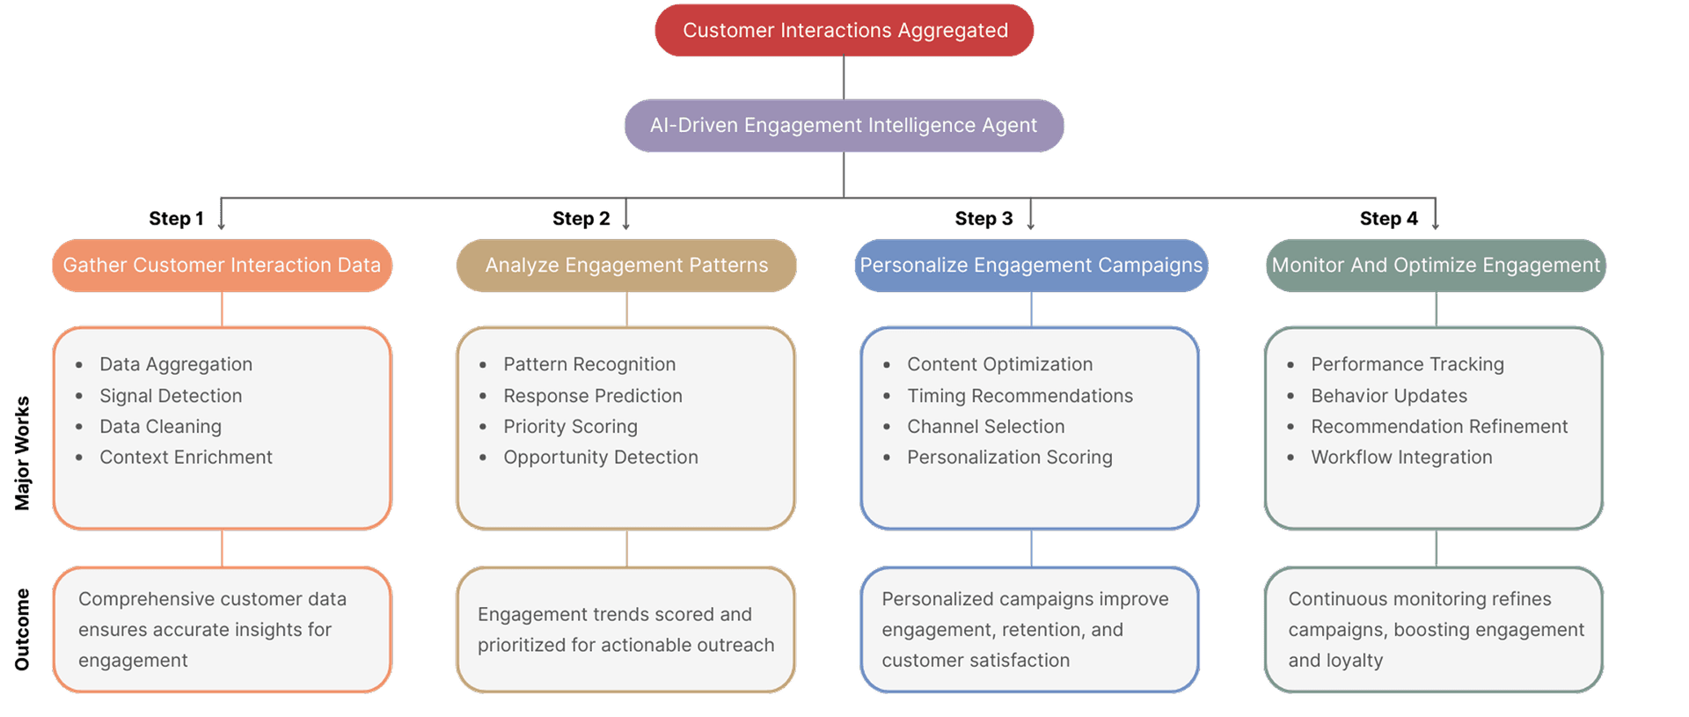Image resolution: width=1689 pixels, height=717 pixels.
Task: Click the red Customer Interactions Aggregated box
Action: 844,31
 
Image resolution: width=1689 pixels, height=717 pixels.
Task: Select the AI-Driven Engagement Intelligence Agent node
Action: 844,126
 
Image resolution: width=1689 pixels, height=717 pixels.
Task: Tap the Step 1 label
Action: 176,219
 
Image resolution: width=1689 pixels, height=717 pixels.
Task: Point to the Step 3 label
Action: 983,219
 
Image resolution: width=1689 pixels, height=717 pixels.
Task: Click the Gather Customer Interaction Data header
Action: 222,266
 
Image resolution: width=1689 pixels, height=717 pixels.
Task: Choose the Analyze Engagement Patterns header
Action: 626,266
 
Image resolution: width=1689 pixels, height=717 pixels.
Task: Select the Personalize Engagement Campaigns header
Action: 1031,266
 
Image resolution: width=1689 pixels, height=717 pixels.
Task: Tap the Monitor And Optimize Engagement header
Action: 1436,266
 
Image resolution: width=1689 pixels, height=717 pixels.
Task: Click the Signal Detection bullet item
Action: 171,396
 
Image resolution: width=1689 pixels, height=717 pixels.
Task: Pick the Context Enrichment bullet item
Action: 186,457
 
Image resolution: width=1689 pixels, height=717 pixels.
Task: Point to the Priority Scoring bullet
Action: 570,427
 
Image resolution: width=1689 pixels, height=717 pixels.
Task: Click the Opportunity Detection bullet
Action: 600,457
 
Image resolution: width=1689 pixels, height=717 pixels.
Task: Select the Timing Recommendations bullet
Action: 1020,396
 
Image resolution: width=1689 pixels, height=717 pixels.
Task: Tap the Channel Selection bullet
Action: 985,427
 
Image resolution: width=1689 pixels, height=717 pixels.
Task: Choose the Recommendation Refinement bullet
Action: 1439,427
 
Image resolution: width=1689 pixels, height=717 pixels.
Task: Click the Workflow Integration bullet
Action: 1401,457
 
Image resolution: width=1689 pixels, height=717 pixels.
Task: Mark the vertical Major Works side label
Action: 22,453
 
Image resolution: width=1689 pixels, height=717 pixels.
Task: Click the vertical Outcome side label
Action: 22,629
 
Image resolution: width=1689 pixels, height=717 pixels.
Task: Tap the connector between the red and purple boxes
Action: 844,77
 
